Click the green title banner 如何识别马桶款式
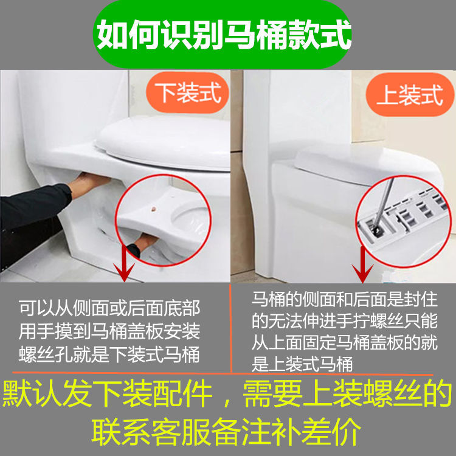[x=222, y=34]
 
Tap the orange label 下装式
[x=188, y=93]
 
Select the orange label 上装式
[x=410, y=95]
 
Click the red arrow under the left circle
[x=124, y=263]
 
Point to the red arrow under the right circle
[x=362, y=264]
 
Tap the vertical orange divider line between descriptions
[x=231, y=328]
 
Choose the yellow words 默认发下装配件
[x=107, y=393]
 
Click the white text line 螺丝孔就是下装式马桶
[x=109, y=354]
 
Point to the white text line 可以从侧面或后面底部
[x=109, y=308]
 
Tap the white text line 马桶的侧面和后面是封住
[x=345, y=299]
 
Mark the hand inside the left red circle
[x=145, y=243]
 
